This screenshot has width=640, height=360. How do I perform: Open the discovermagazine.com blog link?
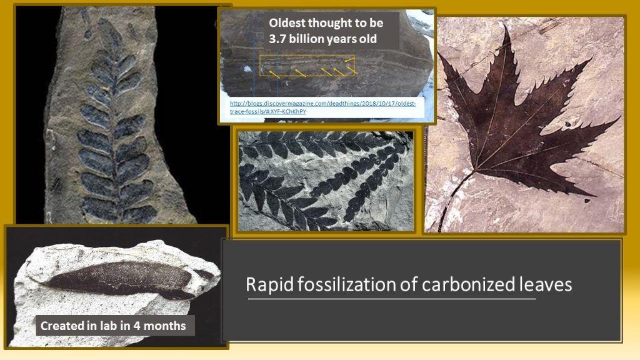click(x=322, y=107)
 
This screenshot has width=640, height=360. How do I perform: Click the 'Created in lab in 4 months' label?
click(x=113, y=326)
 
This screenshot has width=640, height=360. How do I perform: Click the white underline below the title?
click(x=392, y=299)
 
